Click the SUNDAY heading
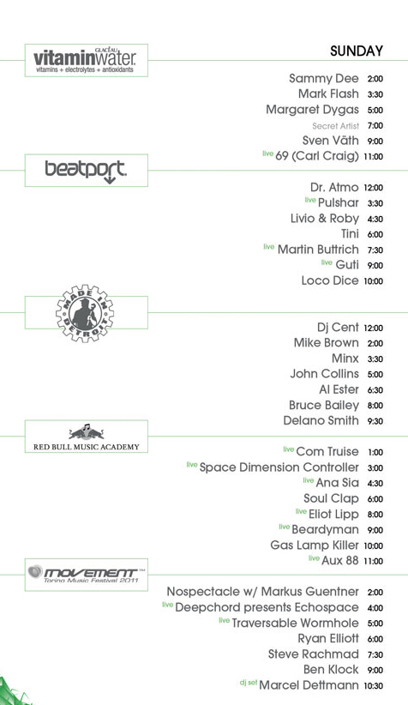coord(357,51)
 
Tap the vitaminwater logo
coord(85,61)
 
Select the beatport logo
coord(86,172)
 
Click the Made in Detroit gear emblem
coord(85,313)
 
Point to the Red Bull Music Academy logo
coord(87,437)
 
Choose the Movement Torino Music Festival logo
coord(87,574)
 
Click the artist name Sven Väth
coord(331,141)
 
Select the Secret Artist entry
coord(336,126)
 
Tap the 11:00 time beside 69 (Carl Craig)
coord(374,157)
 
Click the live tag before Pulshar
coord(310,200)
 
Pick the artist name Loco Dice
coord(330,280)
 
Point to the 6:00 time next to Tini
coord(375,234)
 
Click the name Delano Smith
coord(321,420)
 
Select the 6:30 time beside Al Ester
coord(375,390)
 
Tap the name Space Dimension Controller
coord(279,467)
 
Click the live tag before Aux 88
coord(314,558)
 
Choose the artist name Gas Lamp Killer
coord(315,545)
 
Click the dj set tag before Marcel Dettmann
coord(248,683)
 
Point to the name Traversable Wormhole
coord(295,623)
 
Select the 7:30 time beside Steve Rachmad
coord(375,654)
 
